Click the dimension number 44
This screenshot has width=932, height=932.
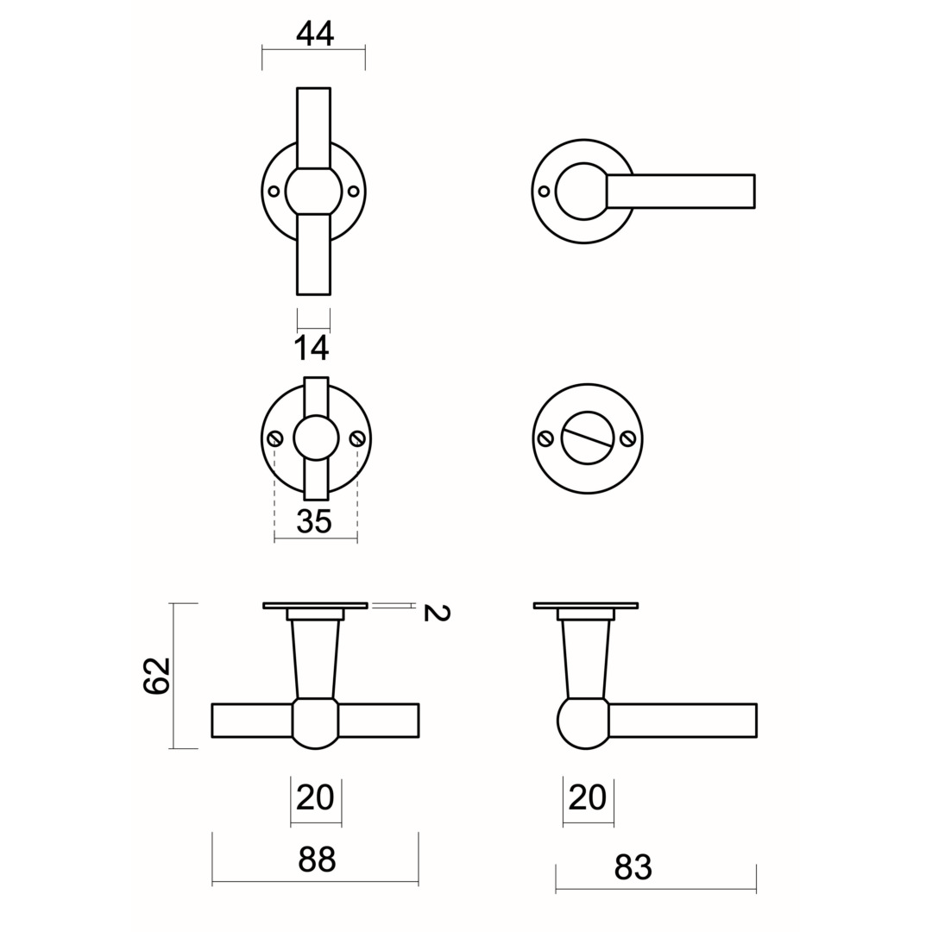pyautogui.click(x=315, y=34)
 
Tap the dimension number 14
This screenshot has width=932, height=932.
pyautogui.click(x=312, y=349)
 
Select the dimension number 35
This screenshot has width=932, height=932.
pyautogui.click(x=314, y=522)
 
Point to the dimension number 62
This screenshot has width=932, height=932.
pyautogui.click(x=157, y=675)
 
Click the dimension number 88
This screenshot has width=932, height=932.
pyautogui.click(x=317, y=860)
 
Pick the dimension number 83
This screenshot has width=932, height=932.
pyautogui.click(x=633, y=867)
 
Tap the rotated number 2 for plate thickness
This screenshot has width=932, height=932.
pyautogui.click(x=437, y=612)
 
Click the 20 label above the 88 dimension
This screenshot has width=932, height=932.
pyautogui.click(x=315, y=797)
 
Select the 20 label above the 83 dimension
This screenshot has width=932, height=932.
pyautogui.click(x=588, y=797)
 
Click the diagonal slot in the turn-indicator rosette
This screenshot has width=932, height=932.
pyautogui.click(x=588, y=432)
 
